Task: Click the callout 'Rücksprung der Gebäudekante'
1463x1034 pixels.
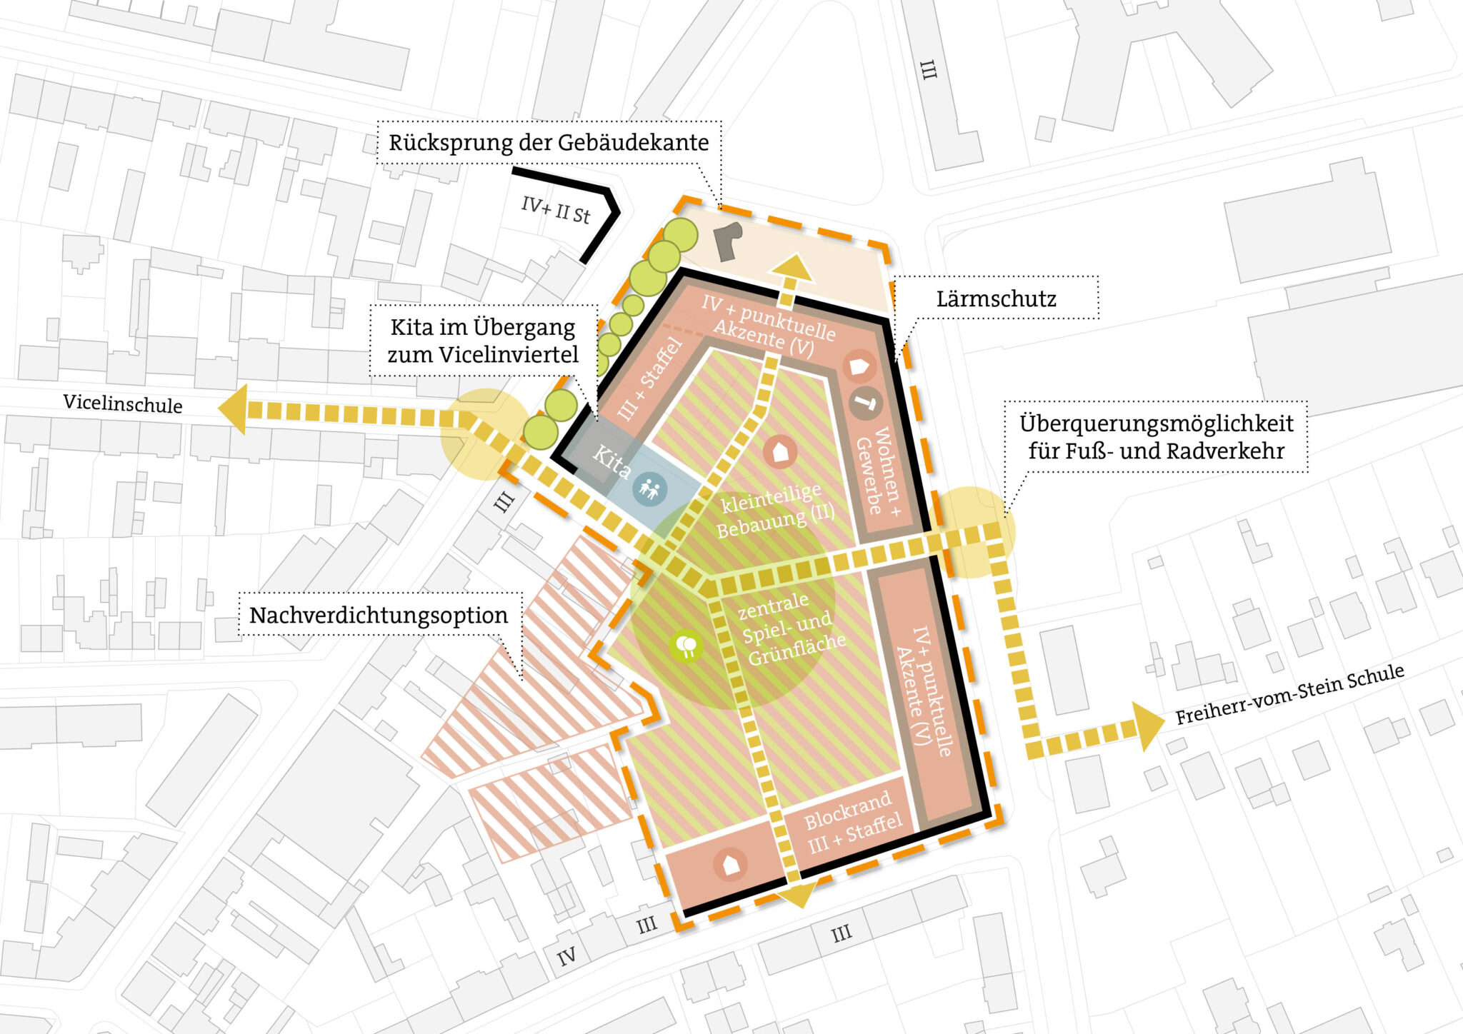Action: tap(549, 143)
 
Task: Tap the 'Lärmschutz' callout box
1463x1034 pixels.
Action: tap(996, 298)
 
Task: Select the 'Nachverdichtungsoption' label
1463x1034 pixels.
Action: tap(379, 615)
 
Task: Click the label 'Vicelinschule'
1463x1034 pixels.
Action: tap(123, 403)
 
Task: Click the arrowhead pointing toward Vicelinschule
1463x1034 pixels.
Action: tap(233, 409)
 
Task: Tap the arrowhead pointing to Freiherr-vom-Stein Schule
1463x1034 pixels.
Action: tap(1147, 726)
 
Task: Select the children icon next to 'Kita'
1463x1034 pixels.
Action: tap(650, 489)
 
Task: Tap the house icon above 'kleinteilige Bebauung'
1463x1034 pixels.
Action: tap(780, 452)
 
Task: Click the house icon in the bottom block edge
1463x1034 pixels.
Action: tap(730, 864)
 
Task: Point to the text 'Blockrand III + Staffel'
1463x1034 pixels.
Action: tap(852, 823)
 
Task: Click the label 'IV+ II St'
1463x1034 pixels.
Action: tap(556, 209)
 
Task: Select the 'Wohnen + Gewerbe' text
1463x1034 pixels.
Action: tap(879, 471)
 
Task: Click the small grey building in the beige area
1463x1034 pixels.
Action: tap(728, 241)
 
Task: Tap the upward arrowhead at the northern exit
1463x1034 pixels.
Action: tap(790, 269)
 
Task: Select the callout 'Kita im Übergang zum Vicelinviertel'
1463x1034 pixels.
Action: tap(483, 341)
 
